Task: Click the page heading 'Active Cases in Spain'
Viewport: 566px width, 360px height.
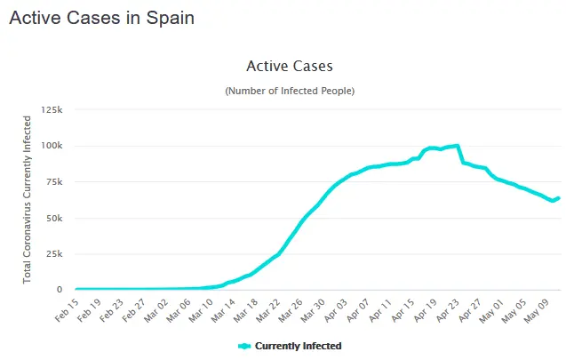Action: tap(101, 18)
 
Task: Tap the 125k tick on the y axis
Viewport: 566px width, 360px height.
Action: tap(51, 109)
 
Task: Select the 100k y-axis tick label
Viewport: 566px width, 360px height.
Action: tap(51, 146)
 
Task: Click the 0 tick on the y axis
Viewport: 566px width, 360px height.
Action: tap(59, 290)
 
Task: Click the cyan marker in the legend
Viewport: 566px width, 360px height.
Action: tap(245, 346)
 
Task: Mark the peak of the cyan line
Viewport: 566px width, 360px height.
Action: tap(457, 146)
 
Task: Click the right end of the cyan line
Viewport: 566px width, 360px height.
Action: tap(558, 198)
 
